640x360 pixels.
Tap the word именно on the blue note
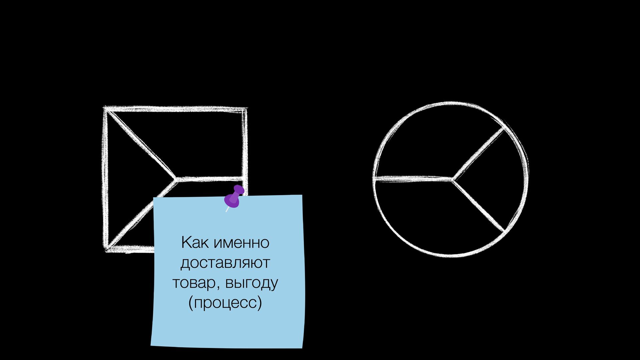coord(241,243)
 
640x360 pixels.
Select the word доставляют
coord(225,263)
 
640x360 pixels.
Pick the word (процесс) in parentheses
coord(225,303)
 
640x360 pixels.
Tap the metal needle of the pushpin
coord(227,209)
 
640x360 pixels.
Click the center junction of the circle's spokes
coord(452,179)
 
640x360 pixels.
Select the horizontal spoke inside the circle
coord(413,179)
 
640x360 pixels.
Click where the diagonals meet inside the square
coord(176,180)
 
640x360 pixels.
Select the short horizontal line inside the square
coord(210,179)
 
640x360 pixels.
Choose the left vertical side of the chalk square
coord(105,180)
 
